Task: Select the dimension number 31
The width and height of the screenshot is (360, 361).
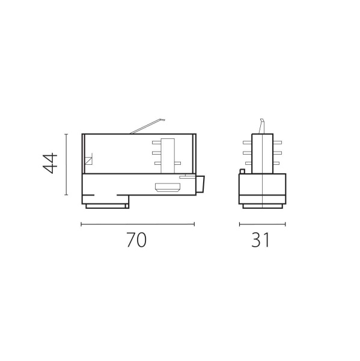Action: (x=261, y=241)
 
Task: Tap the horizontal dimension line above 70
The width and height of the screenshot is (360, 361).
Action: (x=137, y=224)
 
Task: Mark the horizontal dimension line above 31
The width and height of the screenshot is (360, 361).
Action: (x=262, y=224)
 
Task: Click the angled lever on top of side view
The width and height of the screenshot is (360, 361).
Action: (x=147, y=125)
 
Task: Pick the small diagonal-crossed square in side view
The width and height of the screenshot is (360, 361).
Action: (x=88, y=161)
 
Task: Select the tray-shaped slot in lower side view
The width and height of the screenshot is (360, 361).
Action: (x=169, y=187)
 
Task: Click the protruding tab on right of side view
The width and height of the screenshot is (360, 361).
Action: (x=201, y=184)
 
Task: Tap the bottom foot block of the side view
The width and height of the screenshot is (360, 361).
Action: (x=106, y=206)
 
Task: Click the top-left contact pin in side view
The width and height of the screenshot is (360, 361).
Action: (x=156, y=142)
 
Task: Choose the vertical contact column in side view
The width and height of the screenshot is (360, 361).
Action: (x=169, y=153)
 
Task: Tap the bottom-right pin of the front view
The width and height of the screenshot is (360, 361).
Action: (x=277, y=163)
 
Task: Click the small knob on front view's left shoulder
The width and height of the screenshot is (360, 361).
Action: (x=242, y=171)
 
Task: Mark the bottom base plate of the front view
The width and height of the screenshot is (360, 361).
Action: (x=262, y=206)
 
